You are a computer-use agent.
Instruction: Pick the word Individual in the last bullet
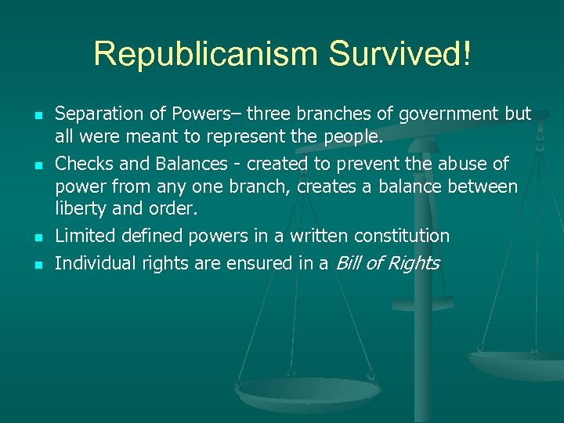(x=94, y=263)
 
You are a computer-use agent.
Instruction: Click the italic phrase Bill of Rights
(x=387, y=263)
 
